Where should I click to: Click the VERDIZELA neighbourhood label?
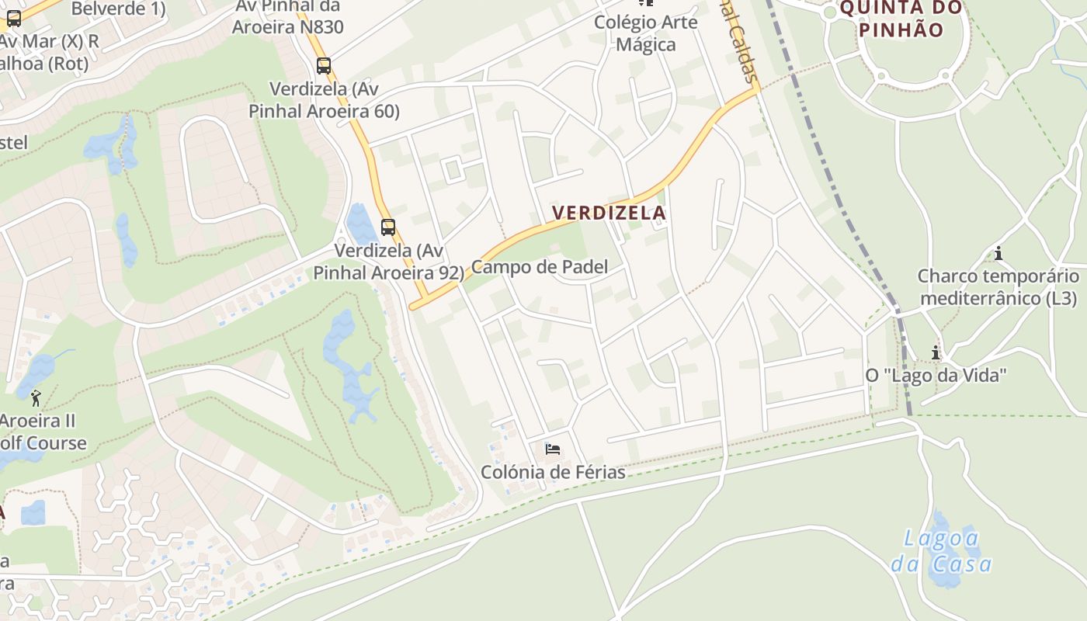tap(609, 213)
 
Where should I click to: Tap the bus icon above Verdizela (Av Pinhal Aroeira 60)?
tap(324, 66)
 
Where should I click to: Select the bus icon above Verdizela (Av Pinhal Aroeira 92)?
tap(388, 227)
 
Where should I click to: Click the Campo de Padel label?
tap(540, 267)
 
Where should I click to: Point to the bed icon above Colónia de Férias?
tap(553, 449)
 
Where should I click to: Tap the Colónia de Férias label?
tap(553, 472)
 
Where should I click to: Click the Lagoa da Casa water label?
tap(941, 550)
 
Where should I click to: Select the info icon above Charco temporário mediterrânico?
tap(998, 254)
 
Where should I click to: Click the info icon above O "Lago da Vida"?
tap(936, 353)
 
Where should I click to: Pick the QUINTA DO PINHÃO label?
tap(901, 19)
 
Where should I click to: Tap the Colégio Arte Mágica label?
tap(646, 33)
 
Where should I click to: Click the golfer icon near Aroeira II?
tap(36, 399)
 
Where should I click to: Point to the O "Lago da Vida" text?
tap(936, 376)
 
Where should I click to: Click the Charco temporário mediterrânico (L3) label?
tap(998, 287)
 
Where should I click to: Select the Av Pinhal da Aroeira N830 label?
tap(287, 17)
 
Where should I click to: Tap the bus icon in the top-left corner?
tap(14, 19)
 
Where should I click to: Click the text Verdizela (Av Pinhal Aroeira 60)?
tap(324, 99)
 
